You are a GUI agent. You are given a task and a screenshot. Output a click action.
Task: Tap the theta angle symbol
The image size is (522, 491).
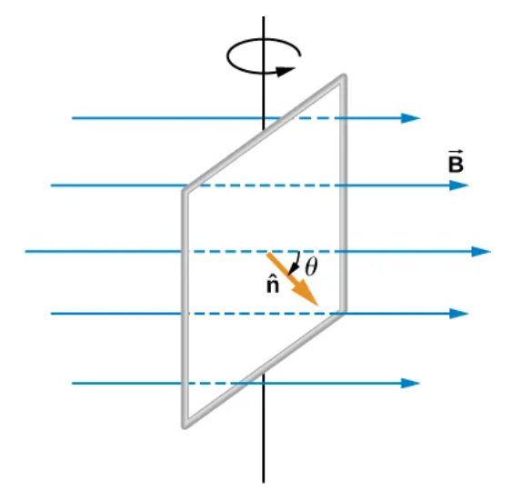click(x=311, y=266)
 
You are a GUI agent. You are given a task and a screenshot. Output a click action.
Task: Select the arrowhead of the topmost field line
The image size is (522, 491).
click(x=412, y=118)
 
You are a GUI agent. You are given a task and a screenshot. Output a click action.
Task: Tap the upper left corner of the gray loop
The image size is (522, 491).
click(x=186, y=190)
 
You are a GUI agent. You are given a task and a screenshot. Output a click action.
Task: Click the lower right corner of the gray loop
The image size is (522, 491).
click(x=343, y=311)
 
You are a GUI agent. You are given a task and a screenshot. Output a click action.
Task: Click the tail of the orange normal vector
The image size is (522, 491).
click(x=268, y=254)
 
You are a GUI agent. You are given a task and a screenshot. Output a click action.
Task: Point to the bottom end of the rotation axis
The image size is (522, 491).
click(x=264, y=480)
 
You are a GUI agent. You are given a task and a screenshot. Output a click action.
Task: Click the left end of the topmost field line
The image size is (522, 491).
click(x=73, y=118)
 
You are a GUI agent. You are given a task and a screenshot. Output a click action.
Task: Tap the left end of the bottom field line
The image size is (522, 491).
click(x=73, y=383)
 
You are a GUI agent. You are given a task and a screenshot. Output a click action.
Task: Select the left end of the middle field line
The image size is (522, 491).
click(x=26, y=251)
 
